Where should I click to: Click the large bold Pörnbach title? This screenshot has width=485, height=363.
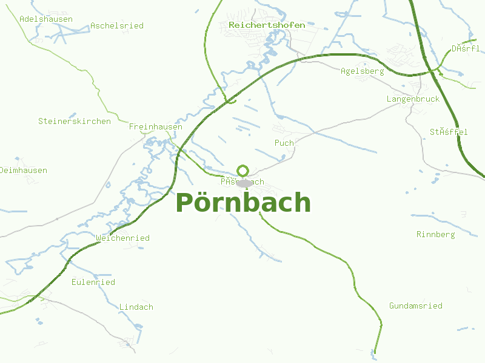(243, 203)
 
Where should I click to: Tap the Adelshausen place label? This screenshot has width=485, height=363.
(46, 19)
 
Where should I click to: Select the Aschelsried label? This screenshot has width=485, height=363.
(117, 26)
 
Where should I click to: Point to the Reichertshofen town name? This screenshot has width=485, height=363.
(267, 25)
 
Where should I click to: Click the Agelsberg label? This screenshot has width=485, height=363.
(363, 71)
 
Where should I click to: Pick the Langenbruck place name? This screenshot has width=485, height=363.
(413, 99)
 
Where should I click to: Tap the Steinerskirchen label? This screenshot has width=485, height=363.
(75, 121)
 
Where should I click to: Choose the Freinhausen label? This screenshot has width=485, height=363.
(155, 127)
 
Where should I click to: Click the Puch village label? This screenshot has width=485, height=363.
(284, 143)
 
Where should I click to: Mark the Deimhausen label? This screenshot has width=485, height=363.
(24, 171)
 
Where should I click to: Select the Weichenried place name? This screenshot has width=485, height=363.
(122, 238)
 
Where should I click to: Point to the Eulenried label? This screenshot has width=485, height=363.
(93, 283)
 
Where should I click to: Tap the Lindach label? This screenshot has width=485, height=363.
(136, 307)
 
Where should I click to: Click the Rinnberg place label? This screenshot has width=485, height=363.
(435, 235)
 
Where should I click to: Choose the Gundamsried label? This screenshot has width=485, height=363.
(416, 306)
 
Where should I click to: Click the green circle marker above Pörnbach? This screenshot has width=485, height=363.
(243, 171)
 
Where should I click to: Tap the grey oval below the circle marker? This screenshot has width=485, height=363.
(244, 183)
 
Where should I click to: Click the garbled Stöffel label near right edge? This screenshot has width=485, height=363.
(449, 132)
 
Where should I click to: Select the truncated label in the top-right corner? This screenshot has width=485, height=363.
(466, 48)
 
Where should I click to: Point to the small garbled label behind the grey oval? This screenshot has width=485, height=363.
(227, 182)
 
